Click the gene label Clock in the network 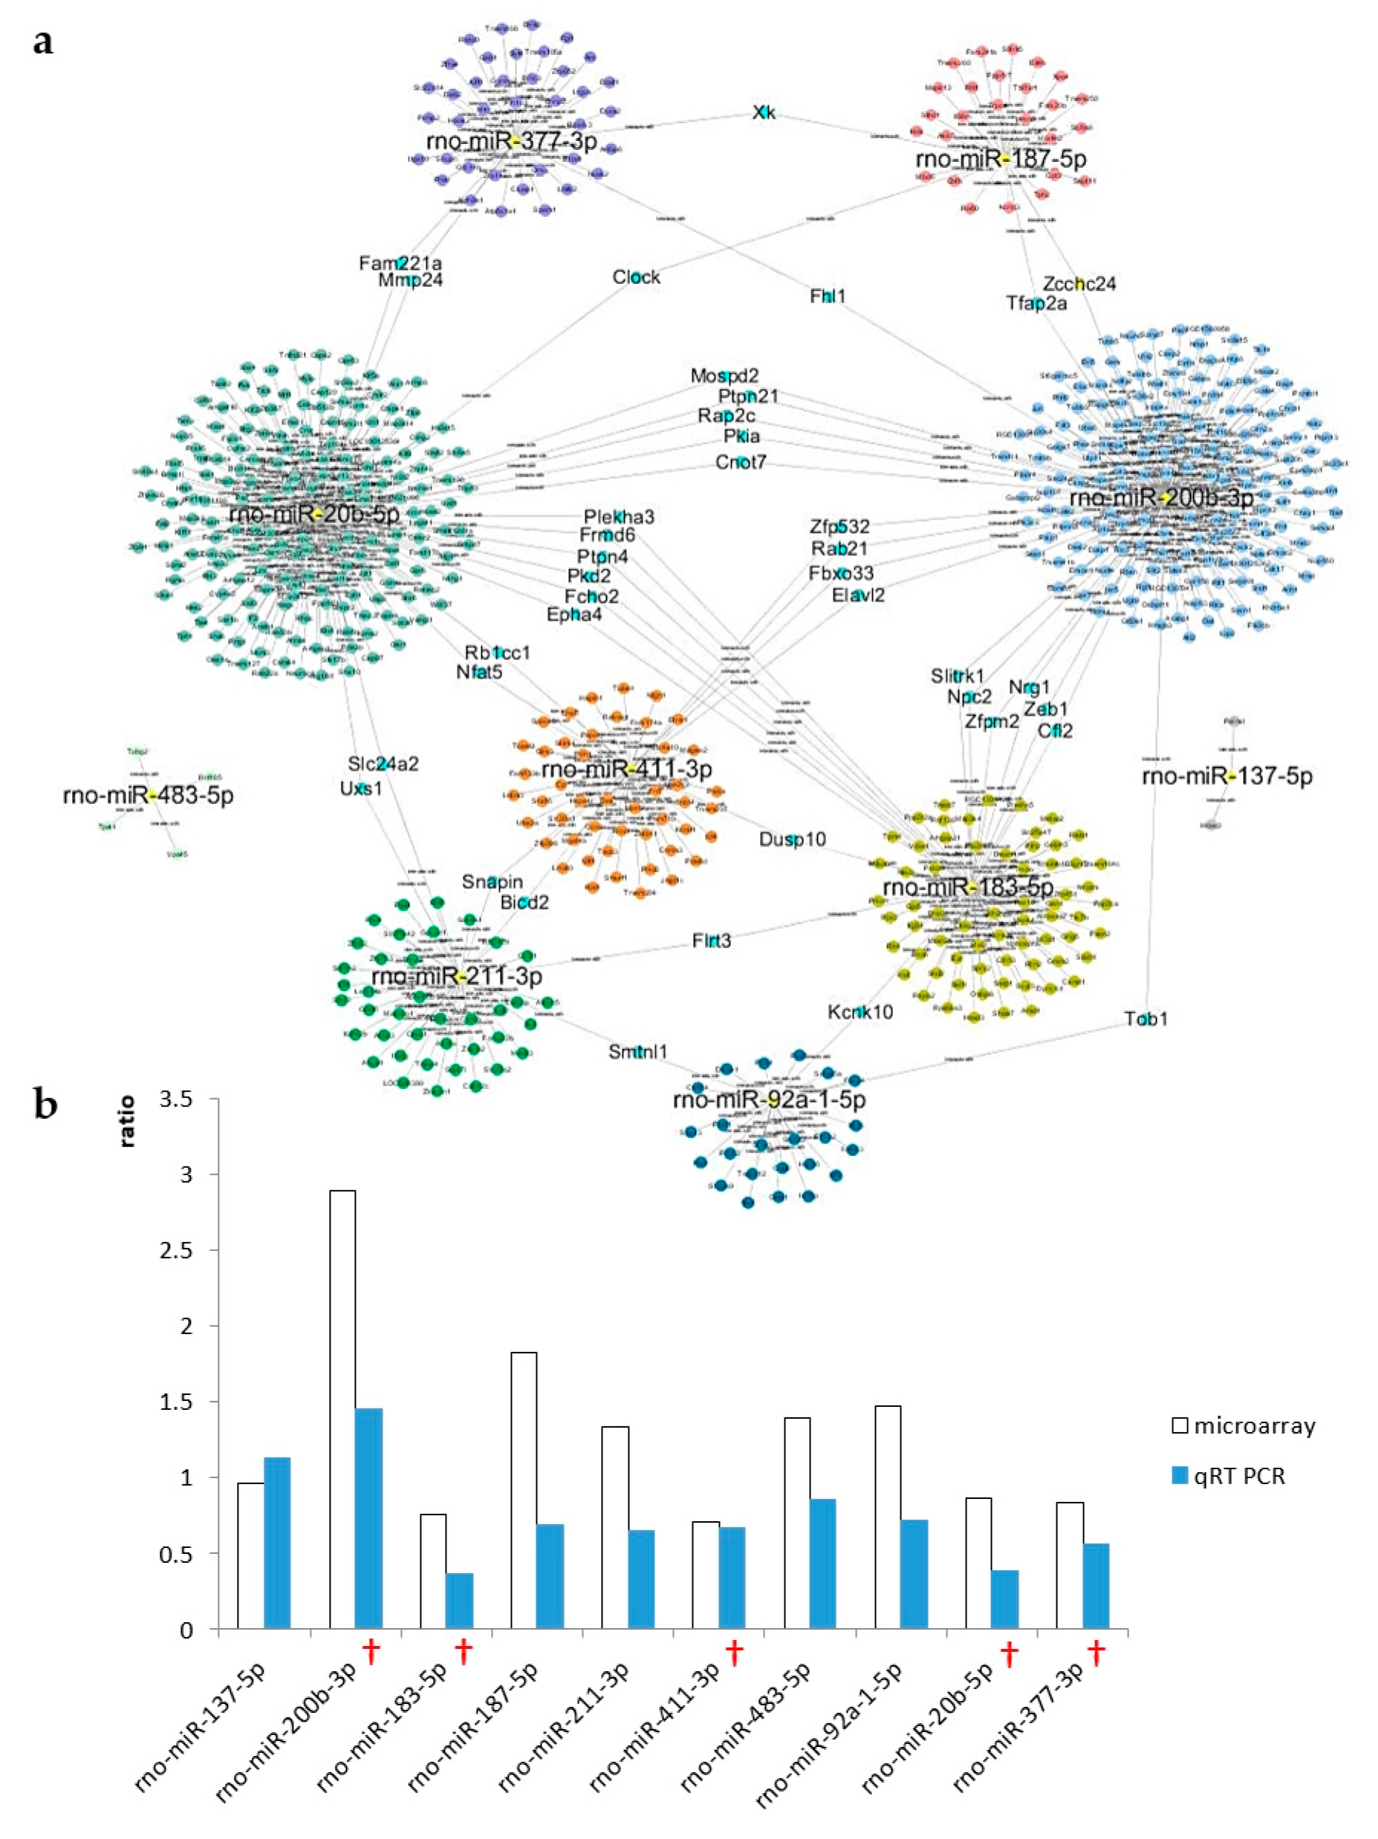(x=636, y=277)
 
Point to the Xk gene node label (x=764, y=112)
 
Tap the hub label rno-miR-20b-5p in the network (x=313, y=515)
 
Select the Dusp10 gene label (x=792, y=840)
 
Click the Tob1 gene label (x=1145, y=1019)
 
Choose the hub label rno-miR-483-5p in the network (x=148, y=796)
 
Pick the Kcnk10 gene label (x=860, y=1012)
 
